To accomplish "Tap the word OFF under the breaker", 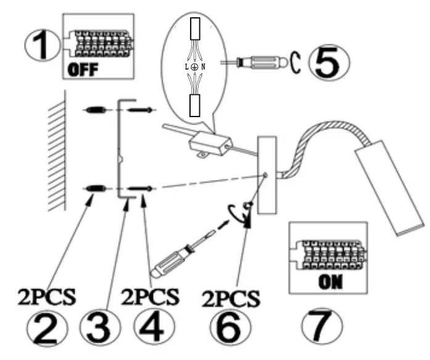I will click(x=83, y=68).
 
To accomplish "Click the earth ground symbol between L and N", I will click(x=194, y=65).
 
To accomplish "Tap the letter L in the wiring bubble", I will click(x=186, y=66).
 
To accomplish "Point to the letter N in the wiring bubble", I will click(x=204, y=66).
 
